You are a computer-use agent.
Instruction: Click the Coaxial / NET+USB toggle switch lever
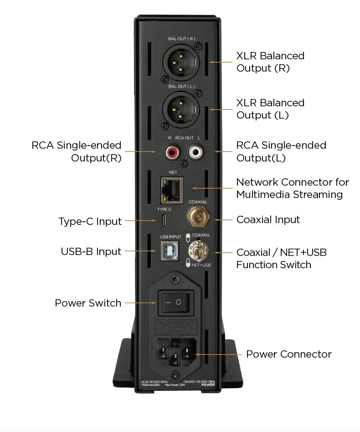pyautogui.click(x=197, y=252)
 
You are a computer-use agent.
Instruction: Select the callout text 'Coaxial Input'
pyautogui.click(x=268, y=220)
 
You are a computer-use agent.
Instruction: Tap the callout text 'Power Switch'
pyautogui.click(x=88, y=303)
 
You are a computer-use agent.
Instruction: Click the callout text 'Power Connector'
pyautogui.click(x=289, y=354)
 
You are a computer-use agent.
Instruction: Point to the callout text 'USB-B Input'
pyautogui.click(x=91, y=252)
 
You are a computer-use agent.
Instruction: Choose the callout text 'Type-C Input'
pyautogui.click(x=90, y=222)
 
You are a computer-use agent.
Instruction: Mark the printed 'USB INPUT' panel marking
pyautogui.click(x=170, y=237)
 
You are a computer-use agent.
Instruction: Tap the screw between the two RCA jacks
pyautogui.click(x=184, y=163)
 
